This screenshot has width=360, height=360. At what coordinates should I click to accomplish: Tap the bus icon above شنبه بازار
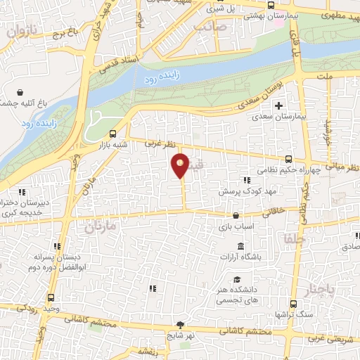click(114, 134)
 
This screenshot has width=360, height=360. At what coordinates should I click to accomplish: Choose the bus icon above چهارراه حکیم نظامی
click(290, 159)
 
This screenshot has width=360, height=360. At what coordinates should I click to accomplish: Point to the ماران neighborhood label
click(99, 226)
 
